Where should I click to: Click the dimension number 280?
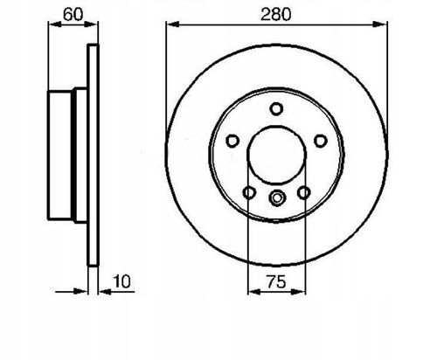pos(275,15)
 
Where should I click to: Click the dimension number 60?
pos(73,15)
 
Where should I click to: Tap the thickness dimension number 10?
pos(121,281)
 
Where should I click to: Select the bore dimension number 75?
pos(276,282)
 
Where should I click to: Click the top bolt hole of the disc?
pos(276,109)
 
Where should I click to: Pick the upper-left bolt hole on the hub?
pos(232,141)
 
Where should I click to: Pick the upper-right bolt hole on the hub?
pos(321,141)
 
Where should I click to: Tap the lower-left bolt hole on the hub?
pos(249,192)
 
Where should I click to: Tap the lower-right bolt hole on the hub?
pos(304,192)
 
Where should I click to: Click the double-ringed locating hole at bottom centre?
pos(277,197)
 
